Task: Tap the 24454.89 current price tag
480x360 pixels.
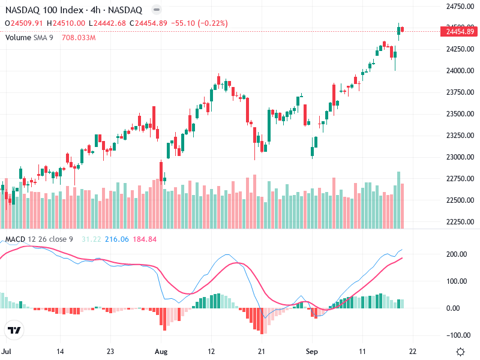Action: point(460,31)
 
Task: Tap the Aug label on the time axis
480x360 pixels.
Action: point(161,351)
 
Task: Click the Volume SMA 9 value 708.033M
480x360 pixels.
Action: point(79,37)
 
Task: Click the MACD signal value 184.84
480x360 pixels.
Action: point(144,239)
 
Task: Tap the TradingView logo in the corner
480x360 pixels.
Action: point(14,331)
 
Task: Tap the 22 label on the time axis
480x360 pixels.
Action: point(413,351)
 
